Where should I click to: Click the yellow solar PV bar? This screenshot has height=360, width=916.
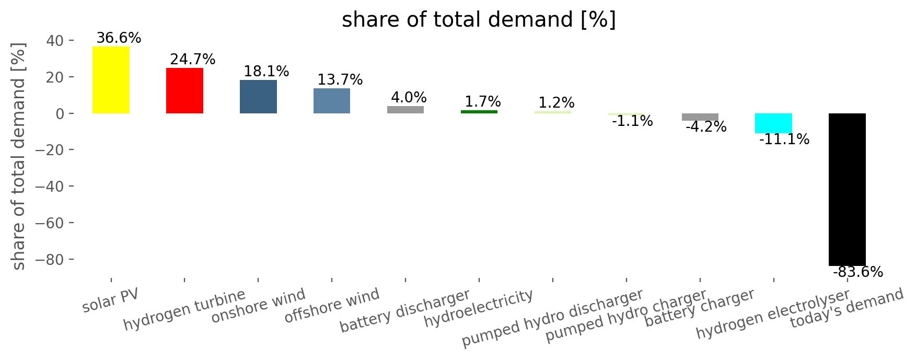pyautogui.click(x=111, y=80)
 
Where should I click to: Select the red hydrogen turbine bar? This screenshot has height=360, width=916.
pyautogui.click(x=184, y=91)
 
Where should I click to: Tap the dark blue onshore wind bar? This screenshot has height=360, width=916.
pyautogui.click(x=258, y=97)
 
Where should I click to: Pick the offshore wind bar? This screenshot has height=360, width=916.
pyautogui.click(x=332, y=101)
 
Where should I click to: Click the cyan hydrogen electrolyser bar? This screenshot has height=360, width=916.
pyautogui.click(x=773, y=123)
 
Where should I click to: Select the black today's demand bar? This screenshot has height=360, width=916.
pyautogui.click(x=847, y=190)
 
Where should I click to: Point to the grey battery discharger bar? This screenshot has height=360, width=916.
pyautogui.click(x=405, y=110)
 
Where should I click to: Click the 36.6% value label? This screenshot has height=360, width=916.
pyautogui.click(x=119, y=38)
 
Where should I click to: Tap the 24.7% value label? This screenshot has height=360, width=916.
pyautogui.click(x=193, y=60)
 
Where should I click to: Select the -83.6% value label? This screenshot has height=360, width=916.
pyautogui.click(x=858, y=272)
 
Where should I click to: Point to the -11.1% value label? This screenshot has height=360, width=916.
pyautogui.click(x=784, y=140)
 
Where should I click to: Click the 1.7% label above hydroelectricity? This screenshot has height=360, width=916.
pyautogui.click(x=483, y=101)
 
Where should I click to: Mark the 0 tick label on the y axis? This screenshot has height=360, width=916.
pyautogui.click(x=60, y=114)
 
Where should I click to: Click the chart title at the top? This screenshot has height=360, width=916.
pyautogui.click(x=479, y=20)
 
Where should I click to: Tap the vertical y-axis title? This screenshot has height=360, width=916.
pyautogui.click(x=19, y=156)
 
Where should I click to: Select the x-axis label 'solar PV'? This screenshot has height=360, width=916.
pyautogui.click(x=111, y=300)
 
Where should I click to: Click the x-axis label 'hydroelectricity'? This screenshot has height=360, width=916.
pyautogui.click(x=479, y=308)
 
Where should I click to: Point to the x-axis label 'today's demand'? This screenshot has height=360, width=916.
pyautogui.click(x=847, y=308)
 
